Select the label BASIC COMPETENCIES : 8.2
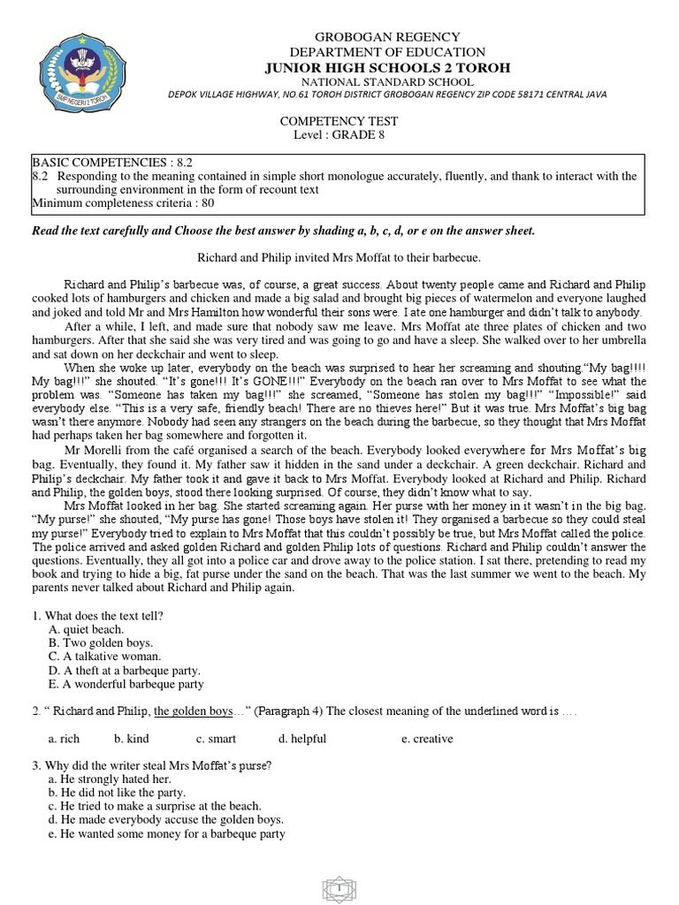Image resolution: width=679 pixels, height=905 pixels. [x=112, y=163]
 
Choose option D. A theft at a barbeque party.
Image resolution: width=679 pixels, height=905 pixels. [x=125, y=670]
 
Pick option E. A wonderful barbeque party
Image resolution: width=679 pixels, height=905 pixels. [x=126, y=684]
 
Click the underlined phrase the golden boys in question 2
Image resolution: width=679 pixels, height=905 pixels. [x=193, y=711]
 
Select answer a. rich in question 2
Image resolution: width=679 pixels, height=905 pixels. [x=64, y=739]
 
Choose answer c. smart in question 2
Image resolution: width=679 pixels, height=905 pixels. [x=216, y=739]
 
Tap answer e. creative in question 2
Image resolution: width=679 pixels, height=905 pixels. [x=426, y=739]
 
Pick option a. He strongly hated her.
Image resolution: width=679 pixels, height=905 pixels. [x=110, y=779]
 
